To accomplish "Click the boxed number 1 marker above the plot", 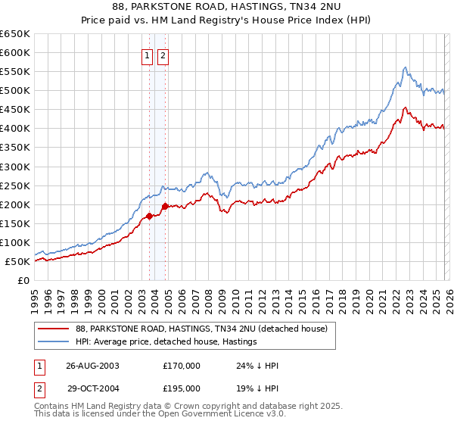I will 148,55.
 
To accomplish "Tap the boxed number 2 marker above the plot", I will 163,55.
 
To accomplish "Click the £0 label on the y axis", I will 23,281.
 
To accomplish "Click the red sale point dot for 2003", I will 150,216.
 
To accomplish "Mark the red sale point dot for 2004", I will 165,206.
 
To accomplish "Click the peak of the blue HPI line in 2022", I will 406,67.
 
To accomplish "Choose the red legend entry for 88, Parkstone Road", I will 201,329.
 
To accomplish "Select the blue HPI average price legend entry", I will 166,341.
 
